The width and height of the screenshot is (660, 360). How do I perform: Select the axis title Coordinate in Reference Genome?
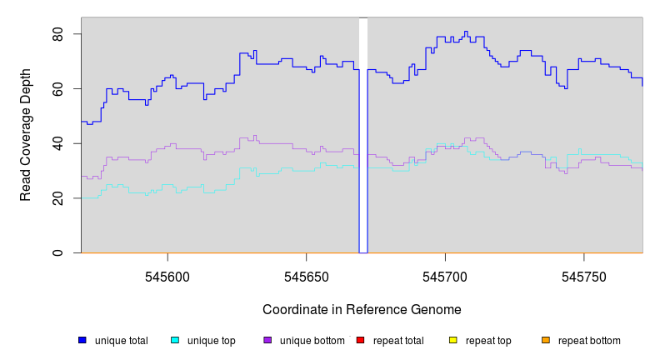point(362,309)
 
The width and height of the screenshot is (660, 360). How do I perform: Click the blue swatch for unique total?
point(82,340)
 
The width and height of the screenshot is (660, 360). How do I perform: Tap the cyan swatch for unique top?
point(175,340)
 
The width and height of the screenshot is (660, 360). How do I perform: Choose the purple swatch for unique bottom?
point(267,340)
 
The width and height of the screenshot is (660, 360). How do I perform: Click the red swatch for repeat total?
point(360,340)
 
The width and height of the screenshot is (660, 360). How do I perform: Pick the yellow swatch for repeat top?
point(452,340)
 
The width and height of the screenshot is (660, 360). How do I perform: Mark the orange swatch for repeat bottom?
point(546,340)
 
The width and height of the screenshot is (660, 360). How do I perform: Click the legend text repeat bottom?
point(589,341)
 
